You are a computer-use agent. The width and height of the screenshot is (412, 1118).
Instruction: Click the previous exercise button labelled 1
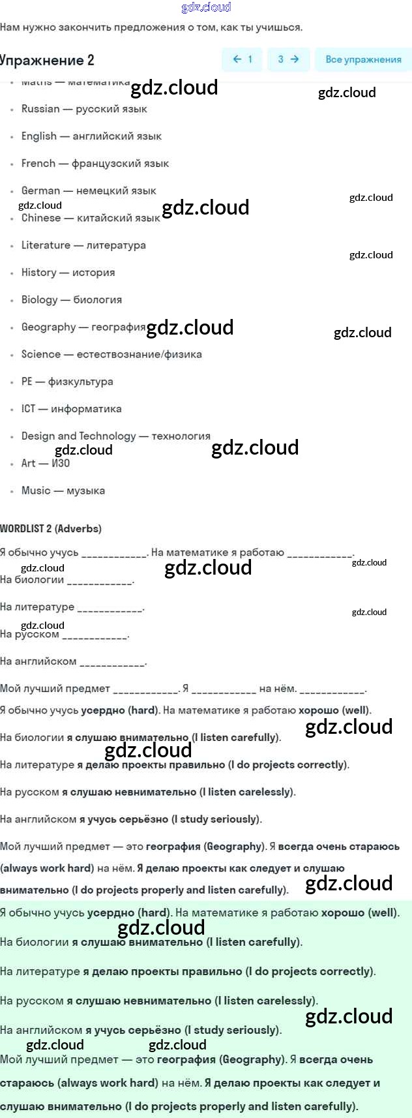click(x=242, y=59)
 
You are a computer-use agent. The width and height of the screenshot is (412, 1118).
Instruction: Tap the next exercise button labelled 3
click(x=288, y=59)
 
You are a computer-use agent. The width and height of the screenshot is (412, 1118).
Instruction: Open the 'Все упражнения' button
click(x=363, y=59)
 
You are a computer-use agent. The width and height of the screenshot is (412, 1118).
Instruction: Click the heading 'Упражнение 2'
click(x=47, y=61)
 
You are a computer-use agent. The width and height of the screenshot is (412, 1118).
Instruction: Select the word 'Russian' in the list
click(x=40, y=109)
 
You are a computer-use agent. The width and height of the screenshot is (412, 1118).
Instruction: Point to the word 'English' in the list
click(x=39, y=136)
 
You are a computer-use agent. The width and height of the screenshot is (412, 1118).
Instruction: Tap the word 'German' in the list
click(x=40, y=190)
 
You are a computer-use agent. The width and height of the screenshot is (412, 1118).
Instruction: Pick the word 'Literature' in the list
click(x=46, y=245)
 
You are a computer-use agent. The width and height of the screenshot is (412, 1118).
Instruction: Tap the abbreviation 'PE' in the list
click(x=27, y=382)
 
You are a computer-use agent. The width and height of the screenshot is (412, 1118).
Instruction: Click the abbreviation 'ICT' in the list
click(x=28, y=409)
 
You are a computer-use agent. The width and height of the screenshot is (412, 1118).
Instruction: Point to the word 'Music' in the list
click(x=36, y=491)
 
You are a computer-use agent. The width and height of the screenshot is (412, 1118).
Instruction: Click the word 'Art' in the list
click(x=29, y=463)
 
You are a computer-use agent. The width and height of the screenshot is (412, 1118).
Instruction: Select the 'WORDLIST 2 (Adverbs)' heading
click(x=51, y=528)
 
